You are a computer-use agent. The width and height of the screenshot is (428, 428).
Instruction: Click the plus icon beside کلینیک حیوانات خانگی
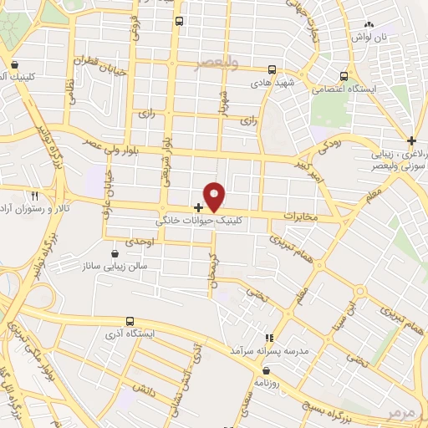[198, 206]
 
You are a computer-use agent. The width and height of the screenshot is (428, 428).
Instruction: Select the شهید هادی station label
[270, 84]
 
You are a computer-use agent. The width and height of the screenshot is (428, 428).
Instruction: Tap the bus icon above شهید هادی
[271, 71]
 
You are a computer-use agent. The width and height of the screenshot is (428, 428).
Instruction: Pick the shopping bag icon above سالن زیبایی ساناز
[115, 249]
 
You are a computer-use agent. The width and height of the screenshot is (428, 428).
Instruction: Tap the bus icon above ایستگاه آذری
[129, 321]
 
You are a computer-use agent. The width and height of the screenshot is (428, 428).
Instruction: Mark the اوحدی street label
[140, 242]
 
